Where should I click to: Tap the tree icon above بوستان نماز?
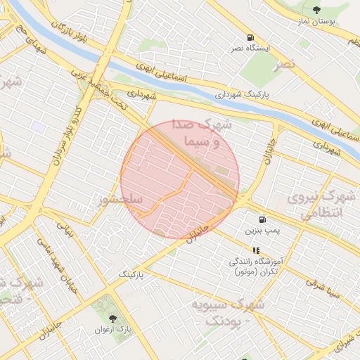pos(317,10)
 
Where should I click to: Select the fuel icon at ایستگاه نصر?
pos(250,37)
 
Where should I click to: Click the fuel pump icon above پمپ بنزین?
pos(262,219)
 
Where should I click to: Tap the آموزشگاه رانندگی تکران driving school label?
pos(256,266)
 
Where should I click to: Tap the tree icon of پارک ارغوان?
pos(113,309)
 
